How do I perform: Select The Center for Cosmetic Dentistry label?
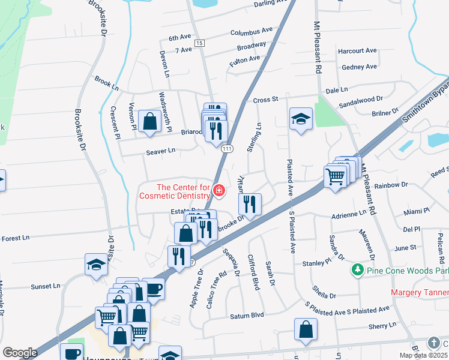175,191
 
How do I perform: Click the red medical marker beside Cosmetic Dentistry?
219,191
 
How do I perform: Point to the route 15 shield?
200,43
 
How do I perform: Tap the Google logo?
20,352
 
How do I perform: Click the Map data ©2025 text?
423,355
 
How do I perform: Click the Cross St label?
267,100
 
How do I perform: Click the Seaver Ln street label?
160,151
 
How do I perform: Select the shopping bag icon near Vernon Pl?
148,121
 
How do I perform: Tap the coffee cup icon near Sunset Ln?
154,289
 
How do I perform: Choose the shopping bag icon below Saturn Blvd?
306,329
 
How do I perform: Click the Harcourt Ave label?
357,51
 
